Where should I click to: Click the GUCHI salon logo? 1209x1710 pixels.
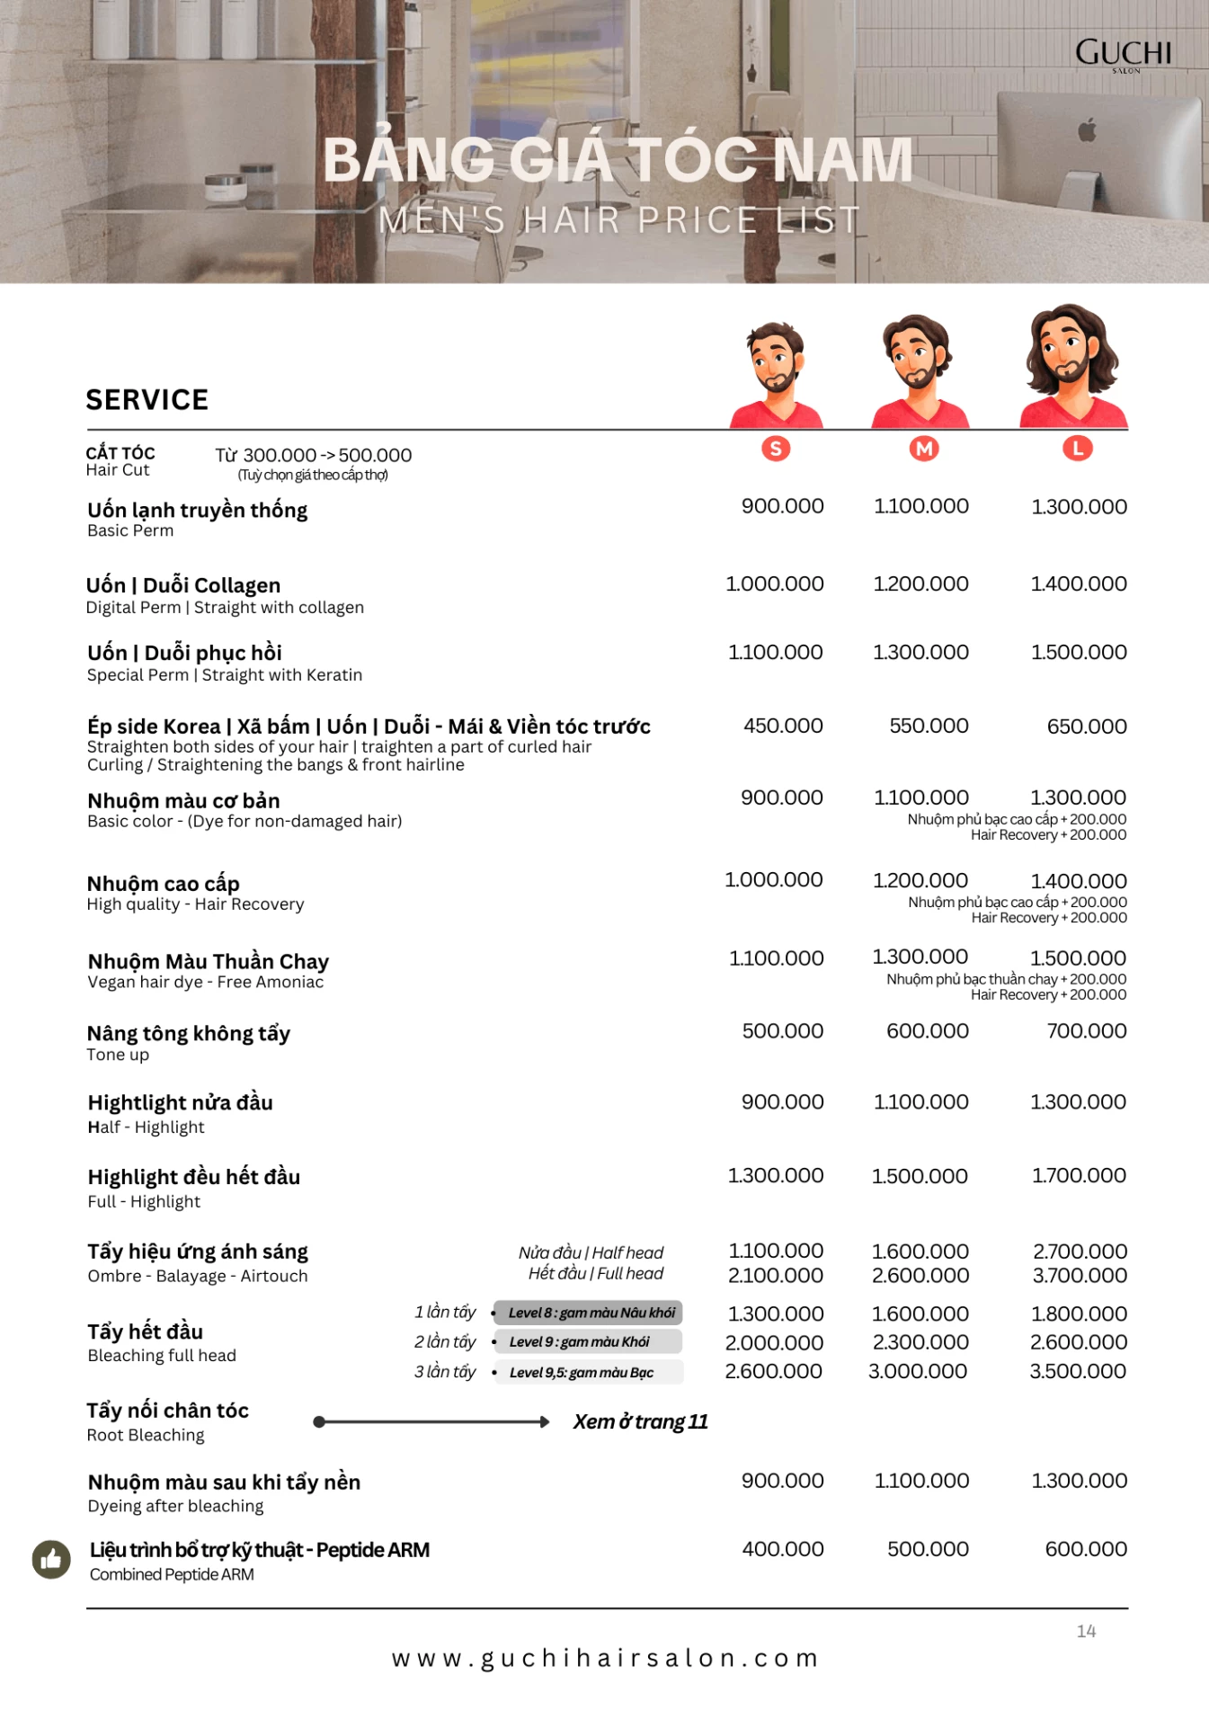[x=1124, y=54]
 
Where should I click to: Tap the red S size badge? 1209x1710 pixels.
[x=776, y=449]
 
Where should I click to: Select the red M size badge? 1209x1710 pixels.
[x=924, y=449]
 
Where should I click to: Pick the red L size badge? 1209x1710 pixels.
[x=1077, y=448]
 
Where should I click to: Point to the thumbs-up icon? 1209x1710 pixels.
[x=51, y=1559]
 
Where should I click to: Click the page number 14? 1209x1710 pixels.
[x=1086, y=1631]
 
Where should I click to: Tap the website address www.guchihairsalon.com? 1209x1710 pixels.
[x=605, y=1658]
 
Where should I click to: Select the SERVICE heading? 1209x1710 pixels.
[x=147, y=400]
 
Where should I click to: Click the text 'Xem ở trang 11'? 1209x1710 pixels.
[x=641, y=1421]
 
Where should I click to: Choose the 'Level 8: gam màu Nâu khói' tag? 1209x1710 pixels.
[x=590, y=1313]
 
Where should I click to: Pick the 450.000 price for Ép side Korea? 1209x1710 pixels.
[x=783, y=726]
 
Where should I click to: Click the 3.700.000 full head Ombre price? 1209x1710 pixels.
[x=1080, y=1275]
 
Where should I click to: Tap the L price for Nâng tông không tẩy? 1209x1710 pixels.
[x=1086, y=1030]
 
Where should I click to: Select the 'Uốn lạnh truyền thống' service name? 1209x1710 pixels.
[x=198, y=510]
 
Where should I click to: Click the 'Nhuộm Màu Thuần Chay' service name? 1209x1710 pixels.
[x=209, y=961]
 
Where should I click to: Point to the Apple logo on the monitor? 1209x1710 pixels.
[x=1088, y=130]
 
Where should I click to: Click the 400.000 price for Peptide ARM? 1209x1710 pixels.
[x=783, y=1549]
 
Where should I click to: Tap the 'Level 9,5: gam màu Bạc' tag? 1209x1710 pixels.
[x=581, y=1372]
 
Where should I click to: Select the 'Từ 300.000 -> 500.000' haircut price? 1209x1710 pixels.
[x=313, y=455]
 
